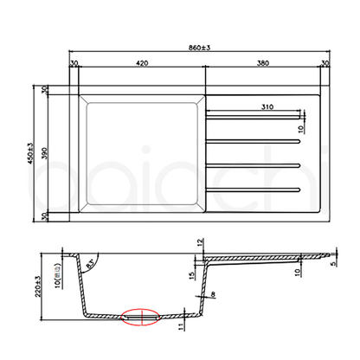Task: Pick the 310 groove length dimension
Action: tap(267, 106)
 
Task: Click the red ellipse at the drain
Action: tap(139, 317)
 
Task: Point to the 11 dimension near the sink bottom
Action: tap(182, 327)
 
